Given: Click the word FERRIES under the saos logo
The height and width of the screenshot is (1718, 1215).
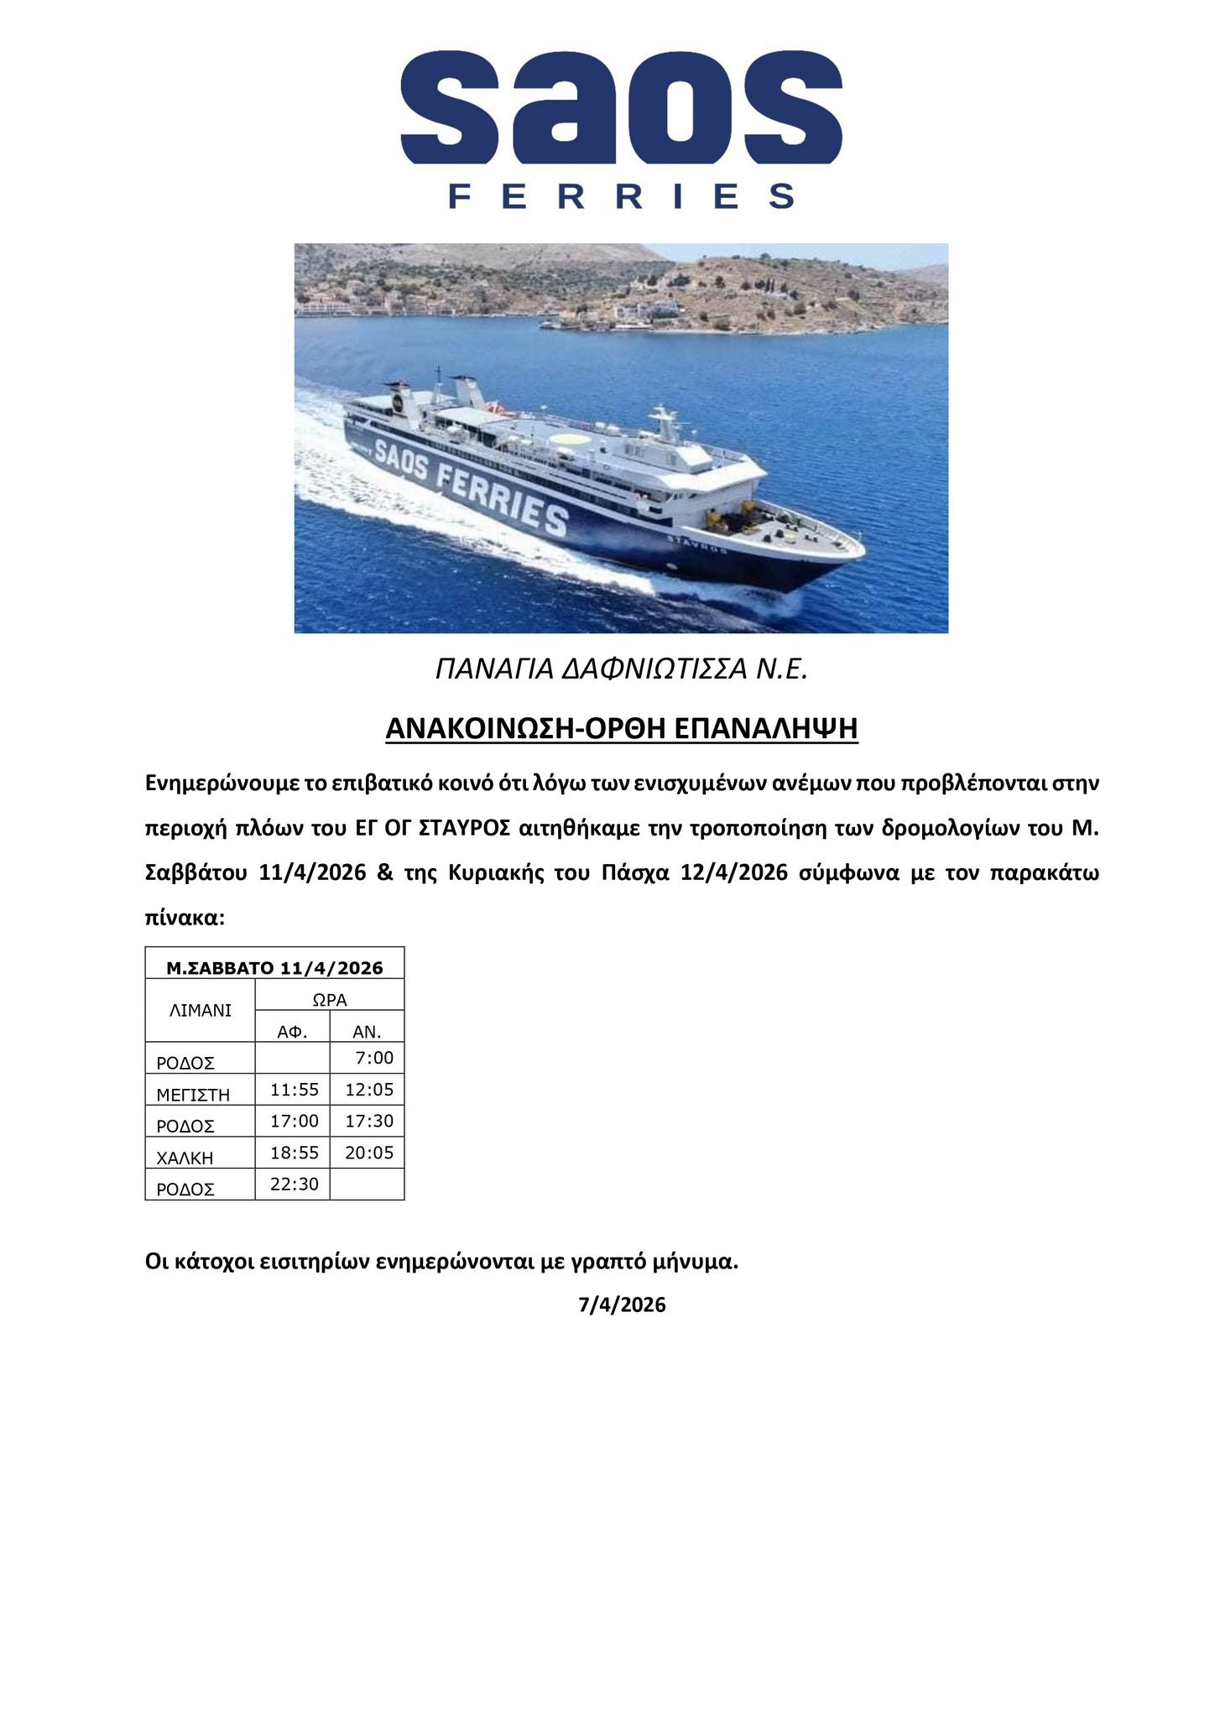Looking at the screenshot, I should point(622,196).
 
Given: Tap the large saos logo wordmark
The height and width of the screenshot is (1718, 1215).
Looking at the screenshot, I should point(622,107).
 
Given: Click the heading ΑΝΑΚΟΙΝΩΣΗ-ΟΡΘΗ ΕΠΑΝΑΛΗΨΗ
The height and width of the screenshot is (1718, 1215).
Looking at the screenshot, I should point(622,728).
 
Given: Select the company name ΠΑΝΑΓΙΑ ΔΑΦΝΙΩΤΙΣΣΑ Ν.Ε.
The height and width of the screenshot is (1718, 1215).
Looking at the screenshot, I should point(622,669).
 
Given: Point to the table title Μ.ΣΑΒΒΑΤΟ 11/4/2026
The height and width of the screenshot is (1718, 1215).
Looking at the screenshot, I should point(274,968).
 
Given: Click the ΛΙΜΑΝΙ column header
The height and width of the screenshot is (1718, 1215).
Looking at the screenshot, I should point(200,1010).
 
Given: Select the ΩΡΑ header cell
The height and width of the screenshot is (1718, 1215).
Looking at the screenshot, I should point(330,999).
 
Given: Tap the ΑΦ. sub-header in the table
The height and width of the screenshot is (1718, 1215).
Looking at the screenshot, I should point(292,1032).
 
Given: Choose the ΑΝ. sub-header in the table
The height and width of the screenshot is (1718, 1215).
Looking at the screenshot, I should point(367,1032).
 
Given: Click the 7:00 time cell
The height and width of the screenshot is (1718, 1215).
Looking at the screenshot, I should point(374,1058).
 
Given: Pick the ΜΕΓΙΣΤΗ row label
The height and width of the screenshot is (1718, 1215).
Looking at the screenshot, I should point(193,1094).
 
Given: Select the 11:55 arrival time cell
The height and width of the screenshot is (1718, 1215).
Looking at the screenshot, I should point(295,1090).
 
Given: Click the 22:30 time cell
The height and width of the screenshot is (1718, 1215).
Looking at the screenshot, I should point(295,1184).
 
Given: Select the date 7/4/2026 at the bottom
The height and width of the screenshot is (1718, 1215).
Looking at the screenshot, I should point(622,1304).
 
